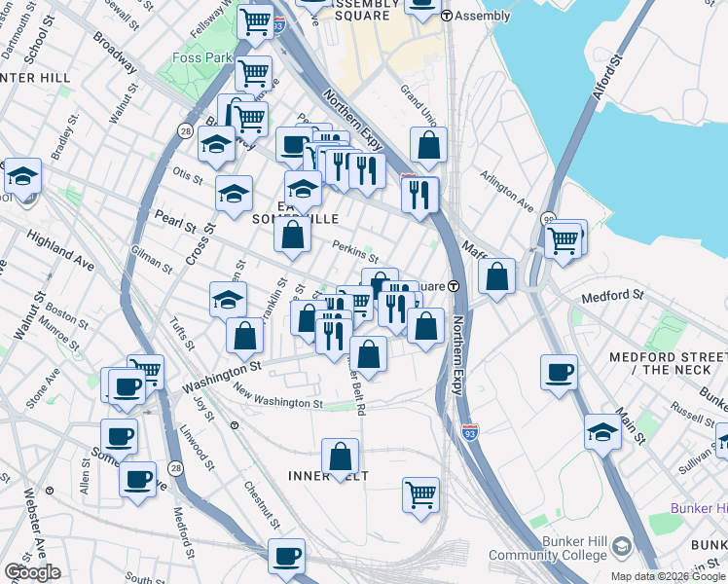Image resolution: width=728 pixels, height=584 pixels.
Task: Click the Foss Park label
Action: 204,58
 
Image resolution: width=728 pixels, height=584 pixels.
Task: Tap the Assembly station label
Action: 483,16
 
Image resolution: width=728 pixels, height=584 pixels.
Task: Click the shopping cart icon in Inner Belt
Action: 420,493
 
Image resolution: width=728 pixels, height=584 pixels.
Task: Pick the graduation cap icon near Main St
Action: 603,431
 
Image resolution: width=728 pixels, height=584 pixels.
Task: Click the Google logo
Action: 32,572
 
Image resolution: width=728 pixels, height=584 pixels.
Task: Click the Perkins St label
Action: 355,251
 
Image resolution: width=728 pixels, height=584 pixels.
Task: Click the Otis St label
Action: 187,177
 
